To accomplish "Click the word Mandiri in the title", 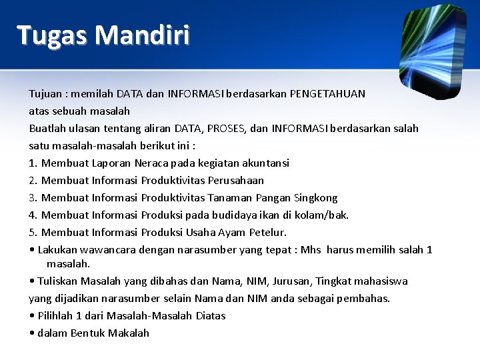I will coord(142,34).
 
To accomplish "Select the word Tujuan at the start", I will coord(47,94).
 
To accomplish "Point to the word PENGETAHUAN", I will coord(327,94).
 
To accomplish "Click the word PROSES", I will coord(226,129).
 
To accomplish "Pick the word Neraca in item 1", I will coord(153,163).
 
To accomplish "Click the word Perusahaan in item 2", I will coord(236,181).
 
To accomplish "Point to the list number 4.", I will coord(33,215).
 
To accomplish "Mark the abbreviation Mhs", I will coord(311,250).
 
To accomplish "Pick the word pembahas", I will coord(363,299).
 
